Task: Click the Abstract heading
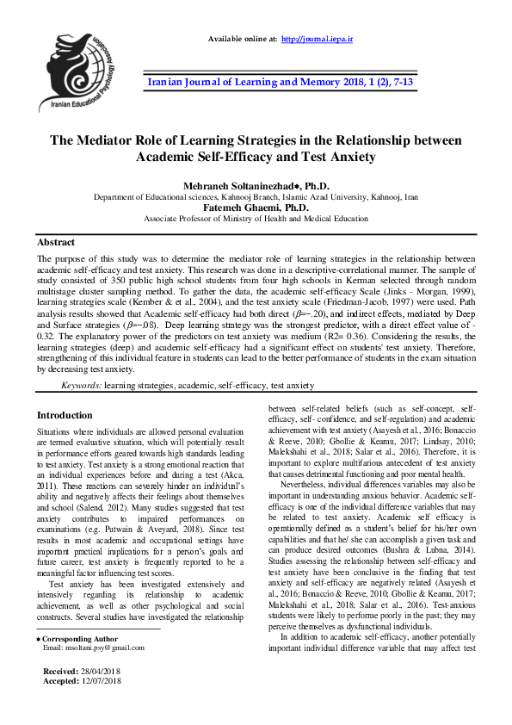click(56, 243)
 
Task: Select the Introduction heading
click(65, 415)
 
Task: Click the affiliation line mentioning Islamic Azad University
click(256, 196)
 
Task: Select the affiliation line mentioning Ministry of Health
click(256, 219)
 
